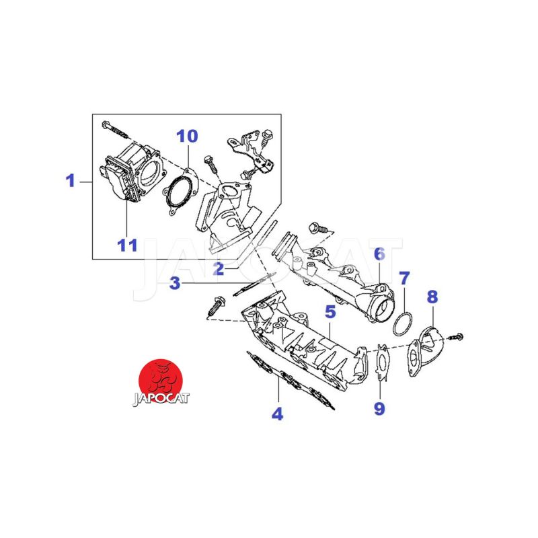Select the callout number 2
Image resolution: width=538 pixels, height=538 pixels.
pyautogui.click(x=218, y=270)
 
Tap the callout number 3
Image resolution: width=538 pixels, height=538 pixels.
pyautogui.click(x=175, y=284)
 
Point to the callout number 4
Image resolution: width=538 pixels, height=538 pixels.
pyautogui.click(x=277, y=414)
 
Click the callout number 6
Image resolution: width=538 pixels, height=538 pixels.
pyautogui.click(x=379, y=254)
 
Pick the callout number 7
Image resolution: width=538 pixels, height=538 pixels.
pyautogui.click(x=403, y=278)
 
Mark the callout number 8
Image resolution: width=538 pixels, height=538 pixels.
pyautogui.click(x=432, y=296)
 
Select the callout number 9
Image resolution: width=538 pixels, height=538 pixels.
pyautogui.click(x=380, y=408)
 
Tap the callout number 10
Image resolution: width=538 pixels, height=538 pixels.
pyautogui.click(x=187, y=137)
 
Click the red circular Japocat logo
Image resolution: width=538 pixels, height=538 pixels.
pyautogui.click(x=161, y=377)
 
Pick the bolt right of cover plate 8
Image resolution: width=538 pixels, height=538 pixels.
pyautogui.click(x=457, y=334)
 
